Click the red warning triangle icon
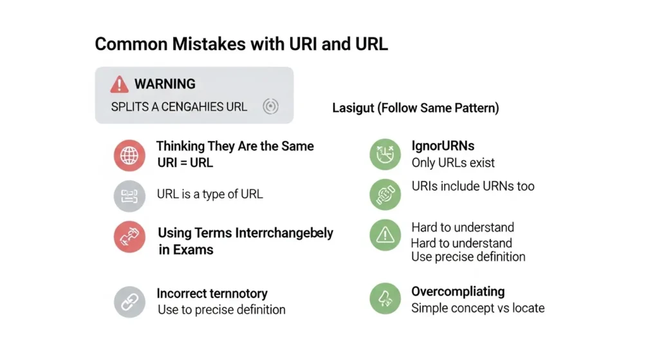tap(120, 84)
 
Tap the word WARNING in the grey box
tap(165, 84)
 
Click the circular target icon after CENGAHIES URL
tap(271, 107)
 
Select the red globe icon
tap(129, 155)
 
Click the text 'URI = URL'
tap(185, 163)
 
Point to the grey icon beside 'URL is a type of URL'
tap(129, 196)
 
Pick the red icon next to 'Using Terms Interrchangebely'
tap(129, 237)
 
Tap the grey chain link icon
tap(129, 301)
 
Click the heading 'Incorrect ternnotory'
tap(212, 294)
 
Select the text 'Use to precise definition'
tap(221, 310)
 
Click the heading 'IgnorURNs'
tap(443, 146)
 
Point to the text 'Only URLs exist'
tap(453, 163)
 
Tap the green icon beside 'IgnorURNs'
tap(385, 155)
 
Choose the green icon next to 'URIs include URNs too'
tap(385, 194)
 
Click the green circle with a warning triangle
tap(385, 236)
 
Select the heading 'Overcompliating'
tap(458, 292)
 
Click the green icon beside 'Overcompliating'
tap(385, 298)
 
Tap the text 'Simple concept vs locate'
tap(478, 308)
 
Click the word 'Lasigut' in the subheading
tap(353, 108)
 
